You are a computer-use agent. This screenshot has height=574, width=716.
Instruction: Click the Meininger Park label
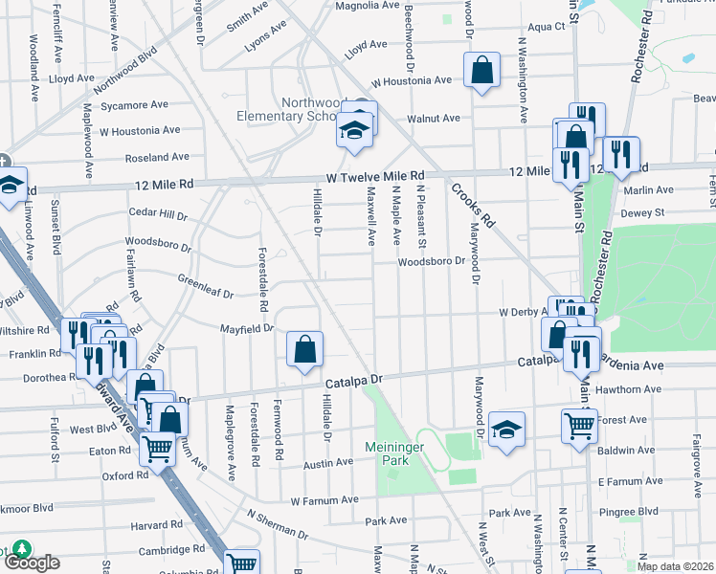coord(399,453)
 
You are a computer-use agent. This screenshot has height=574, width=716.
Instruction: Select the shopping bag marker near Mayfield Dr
coord(304,350)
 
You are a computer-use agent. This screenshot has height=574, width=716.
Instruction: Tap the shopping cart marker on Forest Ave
coord(579,427)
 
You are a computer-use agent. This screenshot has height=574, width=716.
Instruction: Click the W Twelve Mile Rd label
coord(374,177)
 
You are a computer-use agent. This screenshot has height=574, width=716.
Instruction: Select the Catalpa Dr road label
coord(353,382)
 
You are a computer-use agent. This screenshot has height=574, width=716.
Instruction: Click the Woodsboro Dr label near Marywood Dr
coord(431,260)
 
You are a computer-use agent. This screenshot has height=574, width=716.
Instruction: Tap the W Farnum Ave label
coord(324,499)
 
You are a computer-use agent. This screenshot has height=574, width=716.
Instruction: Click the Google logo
coord(31,562)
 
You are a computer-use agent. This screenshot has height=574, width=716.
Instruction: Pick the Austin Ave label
coord(328,463)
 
